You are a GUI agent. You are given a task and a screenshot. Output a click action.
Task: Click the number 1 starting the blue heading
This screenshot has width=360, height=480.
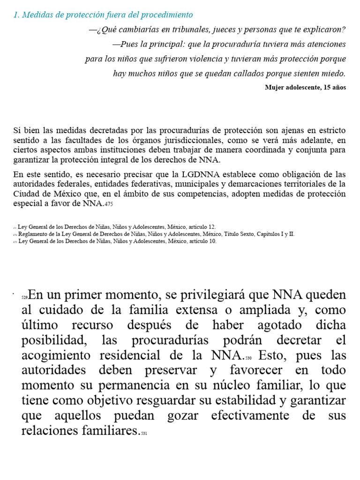point(16,15)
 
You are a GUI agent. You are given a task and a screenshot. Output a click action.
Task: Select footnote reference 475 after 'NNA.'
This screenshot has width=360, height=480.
point(108,204)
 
